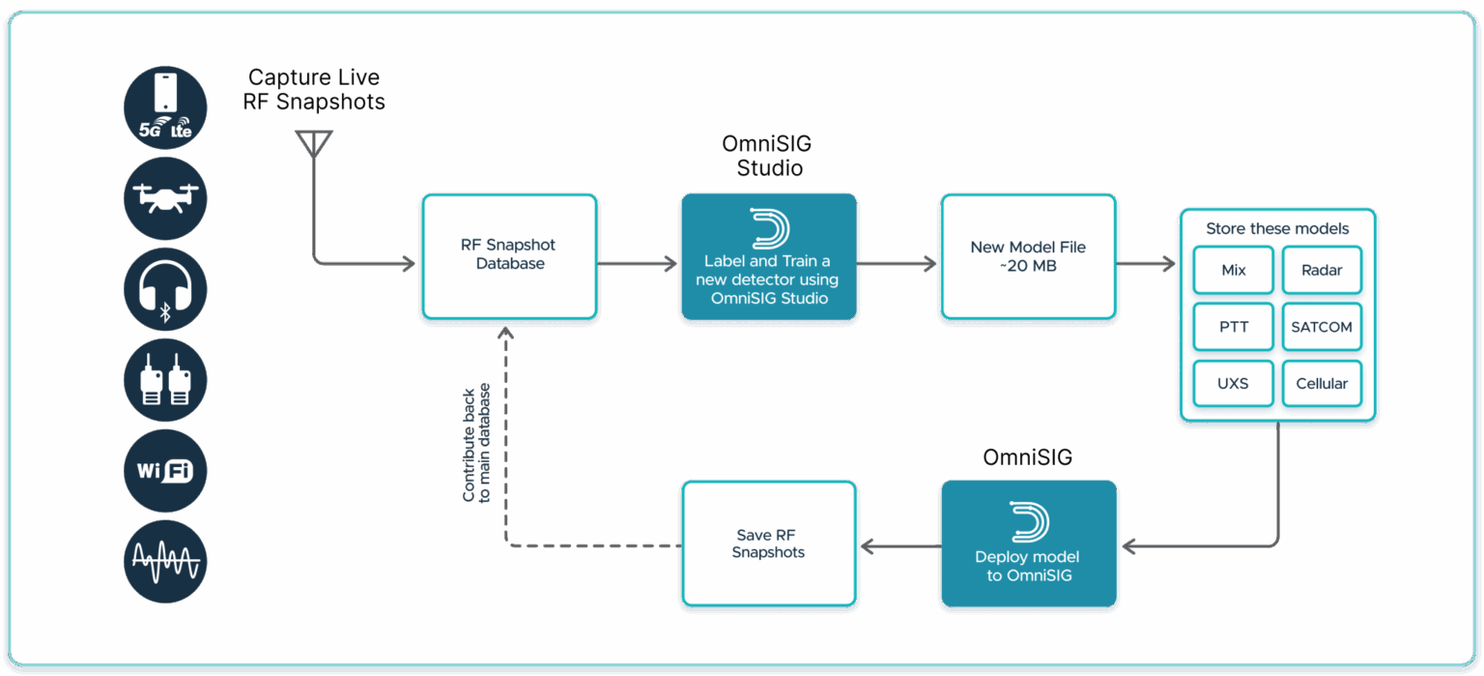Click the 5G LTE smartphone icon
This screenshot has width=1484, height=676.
pyautogui.click(x=165, y=106)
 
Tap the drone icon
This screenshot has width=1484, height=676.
pyautogui.click(x=165, y=197)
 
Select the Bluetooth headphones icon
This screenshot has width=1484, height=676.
pyautogui.click(x=165, y=288)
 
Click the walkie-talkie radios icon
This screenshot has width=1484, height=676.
pyautogui.click(x=165, y=379)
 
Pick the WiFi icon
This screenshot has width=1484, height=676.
pyautogui.click(x=165, y=471)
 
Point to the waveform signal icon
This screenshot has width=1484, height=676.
pyautogui.click(x=165, y=561)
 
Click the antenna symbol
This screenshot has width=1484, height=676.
pyautogui.click(x=311, y=145)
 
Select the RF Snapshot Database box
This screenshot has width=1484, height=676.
pyautogui.click(x=509, y=255)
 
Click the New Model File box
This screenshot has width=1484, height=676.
pyautogui.click(x=1028, y=256)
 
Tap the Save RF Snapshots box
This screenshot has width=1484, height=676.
pyautogui.click(x=768, y=544)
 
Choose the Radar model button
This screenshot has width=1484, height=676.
pyautogui.click(x=1321, y=270)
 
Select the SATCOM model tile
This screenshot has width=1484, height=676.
pyautogui.click(x=1321, y=327)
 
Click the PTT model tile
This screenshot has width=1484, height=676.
pyautogui.click(x=1233, y=327)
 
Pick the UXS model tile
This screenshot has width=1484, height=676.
pyautogui.click(x=1233, y=383)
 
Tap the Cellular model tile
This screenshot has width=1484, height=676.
pyautogui.click(x=1321, y=383)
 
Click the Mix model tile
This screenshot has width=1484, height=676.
pyautogui.click(x=1233, y=270)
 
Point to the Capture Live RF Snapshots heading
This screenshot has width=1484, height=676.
pyautogui.click(x=313, y=90)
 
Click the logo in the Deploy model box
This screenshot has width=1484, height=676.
pyautogui.click(x=1028, y=522)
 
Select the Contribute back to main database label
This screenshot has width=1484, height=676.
pyautogui.click(x=476, y=443)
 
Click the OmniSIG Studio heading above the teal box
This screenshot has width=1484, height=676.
pyautogui.click(x=767, y=156)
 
